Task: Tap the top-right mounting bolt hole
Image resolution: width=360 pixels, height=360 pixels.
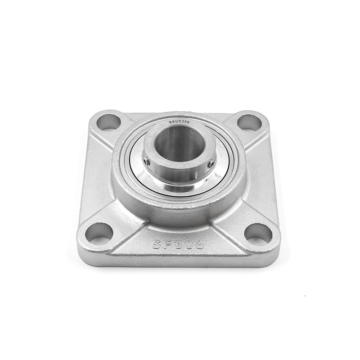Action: tap(249, 122)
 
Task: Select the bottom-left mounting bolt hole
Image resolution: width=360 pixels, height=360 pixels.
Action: tap(99, 234)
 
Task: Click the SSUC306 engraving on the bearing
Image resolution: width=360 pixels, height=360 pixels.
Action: tap(179, 122)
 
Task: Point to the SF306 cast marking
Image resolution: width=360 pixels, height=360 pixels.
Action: tap(178, 244)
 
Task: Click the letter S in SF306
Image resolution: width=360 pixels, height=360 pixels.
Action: tap(157, 245)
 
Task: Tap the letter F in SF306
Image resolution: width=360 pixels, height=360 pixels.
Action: tap(167, 245)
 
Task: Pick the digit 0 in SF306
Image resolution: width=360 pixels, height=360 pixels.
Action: tap(188, 244)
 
